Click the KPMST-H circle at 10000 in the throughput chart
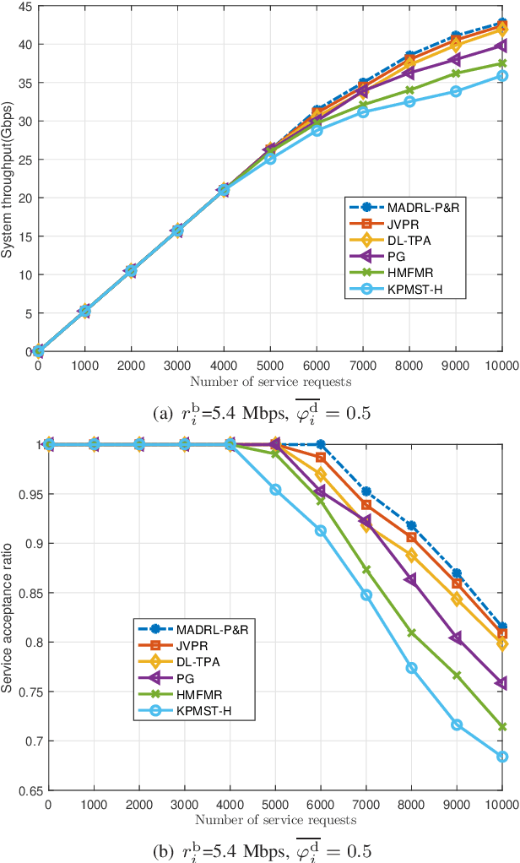(502, 75)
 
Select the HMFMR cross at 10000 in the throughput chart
(502, 63)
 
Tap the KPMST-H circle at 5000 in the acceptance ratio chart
(275, 490)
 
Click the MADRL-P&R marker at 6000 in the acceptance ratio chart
(320, 444)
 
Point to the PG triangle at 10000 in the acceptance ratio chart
(502, 682)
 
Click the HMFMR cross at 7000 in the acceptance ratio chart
(366, 570)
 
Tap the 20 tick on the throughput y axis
(28, 198)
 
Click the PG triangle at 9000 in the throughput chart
(457, 60)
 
